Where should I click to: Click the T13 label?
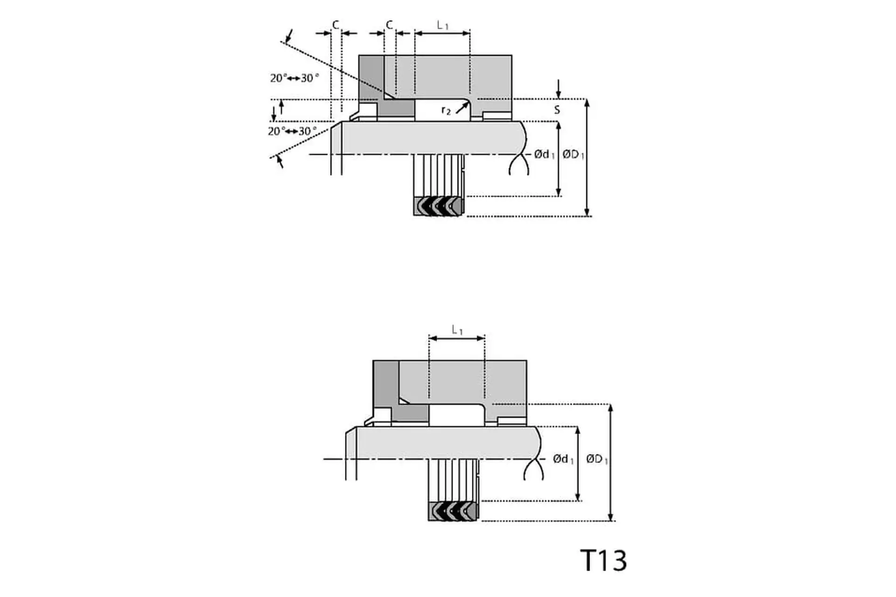tap(603, 560)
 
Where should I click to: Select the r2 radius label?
tap(446, 111)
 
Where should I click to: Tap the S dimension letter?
tap(557, 110)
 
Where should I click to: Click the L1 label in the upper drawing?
tap(442, 25)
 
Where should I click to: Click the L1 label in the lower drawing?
tap(457, 330)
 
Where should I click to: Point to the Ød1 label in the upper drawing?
tap(545, 154)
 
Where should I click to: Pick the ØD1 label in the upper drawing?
tap(573, 154)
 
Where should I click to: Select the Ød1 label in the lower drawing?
tap(563, 459)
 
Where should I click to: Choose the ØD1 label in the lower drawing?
tap(597, 459)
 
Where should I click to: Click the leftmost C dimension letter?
tap(336, 25)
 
